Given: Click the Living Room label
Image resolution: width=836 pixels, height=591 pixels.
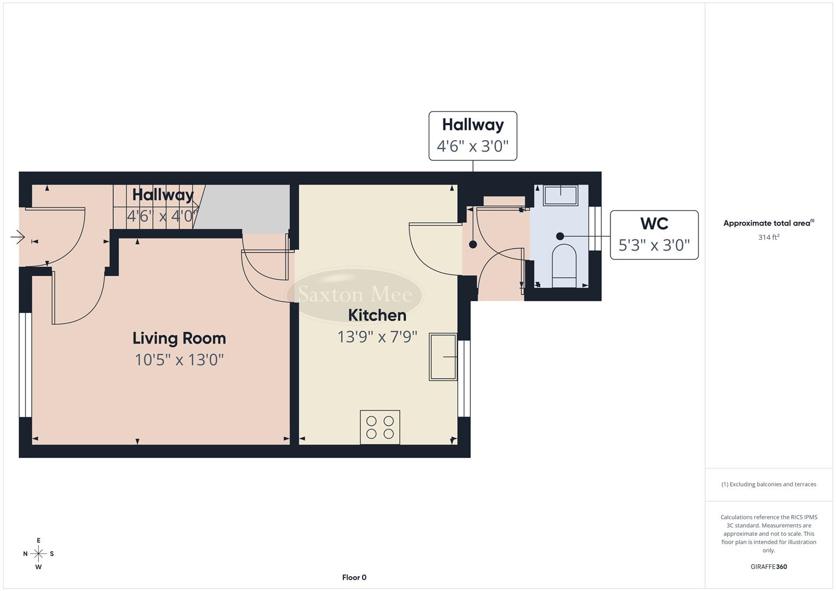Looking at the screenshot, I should coord(179,338).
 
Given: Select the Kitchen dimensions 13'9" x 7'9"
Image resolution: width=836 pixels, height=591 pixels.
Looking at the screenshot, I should coord(377,337).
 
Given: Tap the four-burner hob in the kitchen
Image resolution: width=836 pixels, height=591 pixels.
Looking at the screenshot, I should coord(380,427).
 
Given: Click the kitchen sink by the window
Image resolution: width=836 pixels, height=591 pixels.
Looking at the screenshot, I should coord(443,356).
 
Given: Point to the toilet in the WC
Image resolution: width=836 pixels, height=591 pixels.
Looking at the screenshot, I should coord(564,265).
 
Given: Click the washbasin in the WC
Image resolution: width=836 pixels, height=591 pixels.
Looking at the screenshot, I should coord(561,195).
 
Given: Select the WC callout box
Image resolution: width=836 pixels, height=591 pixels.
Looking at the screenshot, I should coord(654,235).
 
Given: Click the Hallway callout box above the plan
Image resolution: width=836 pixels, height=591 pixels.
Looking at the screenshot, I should coord(472,136).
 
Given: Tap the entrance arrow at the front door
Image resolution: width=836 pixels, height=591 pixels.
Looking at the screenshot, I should coord(18,237).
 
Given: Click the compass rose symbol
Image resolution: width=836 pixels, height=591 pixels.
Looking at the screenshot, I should coord(38,554).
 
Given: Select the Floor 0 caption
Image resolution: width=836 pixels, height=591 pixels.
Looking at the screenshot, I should coord(354,577).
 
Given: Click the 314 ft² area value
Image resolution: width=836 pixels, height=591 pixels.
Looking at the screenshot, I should coord(768,237).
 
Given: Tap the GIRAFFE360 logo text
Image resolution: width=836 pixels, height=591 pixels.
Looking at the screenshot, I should coord(768,566).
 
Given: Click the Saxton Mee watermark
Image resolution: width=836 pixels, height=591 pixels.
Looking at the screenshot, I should coord(354,295).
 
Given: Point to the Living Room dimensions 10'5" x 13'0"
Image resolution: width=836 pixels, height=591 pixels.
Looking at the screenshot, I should coord(179,360).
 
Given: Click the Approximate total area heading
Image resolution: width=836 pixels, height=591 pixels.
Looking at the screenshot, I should coord(768,223).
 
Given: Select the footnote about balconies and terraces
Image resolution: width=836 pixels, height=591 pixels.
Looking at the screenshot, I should coord(768,484).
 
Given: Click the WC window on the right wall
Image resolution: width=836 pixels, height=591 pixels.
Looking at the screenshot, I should coord(595,228).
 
